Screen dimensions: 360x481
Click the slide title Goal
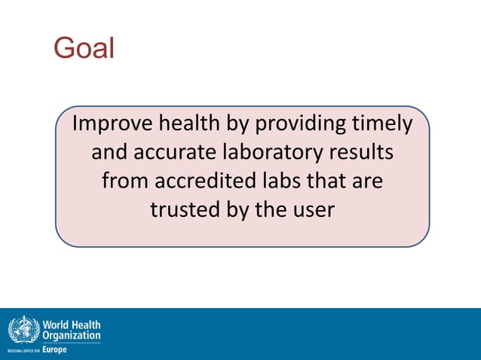point(84,48)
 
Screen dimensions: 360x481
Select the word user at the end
point(311,210)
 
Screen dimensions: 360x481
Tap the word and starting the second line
point(111,153)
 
